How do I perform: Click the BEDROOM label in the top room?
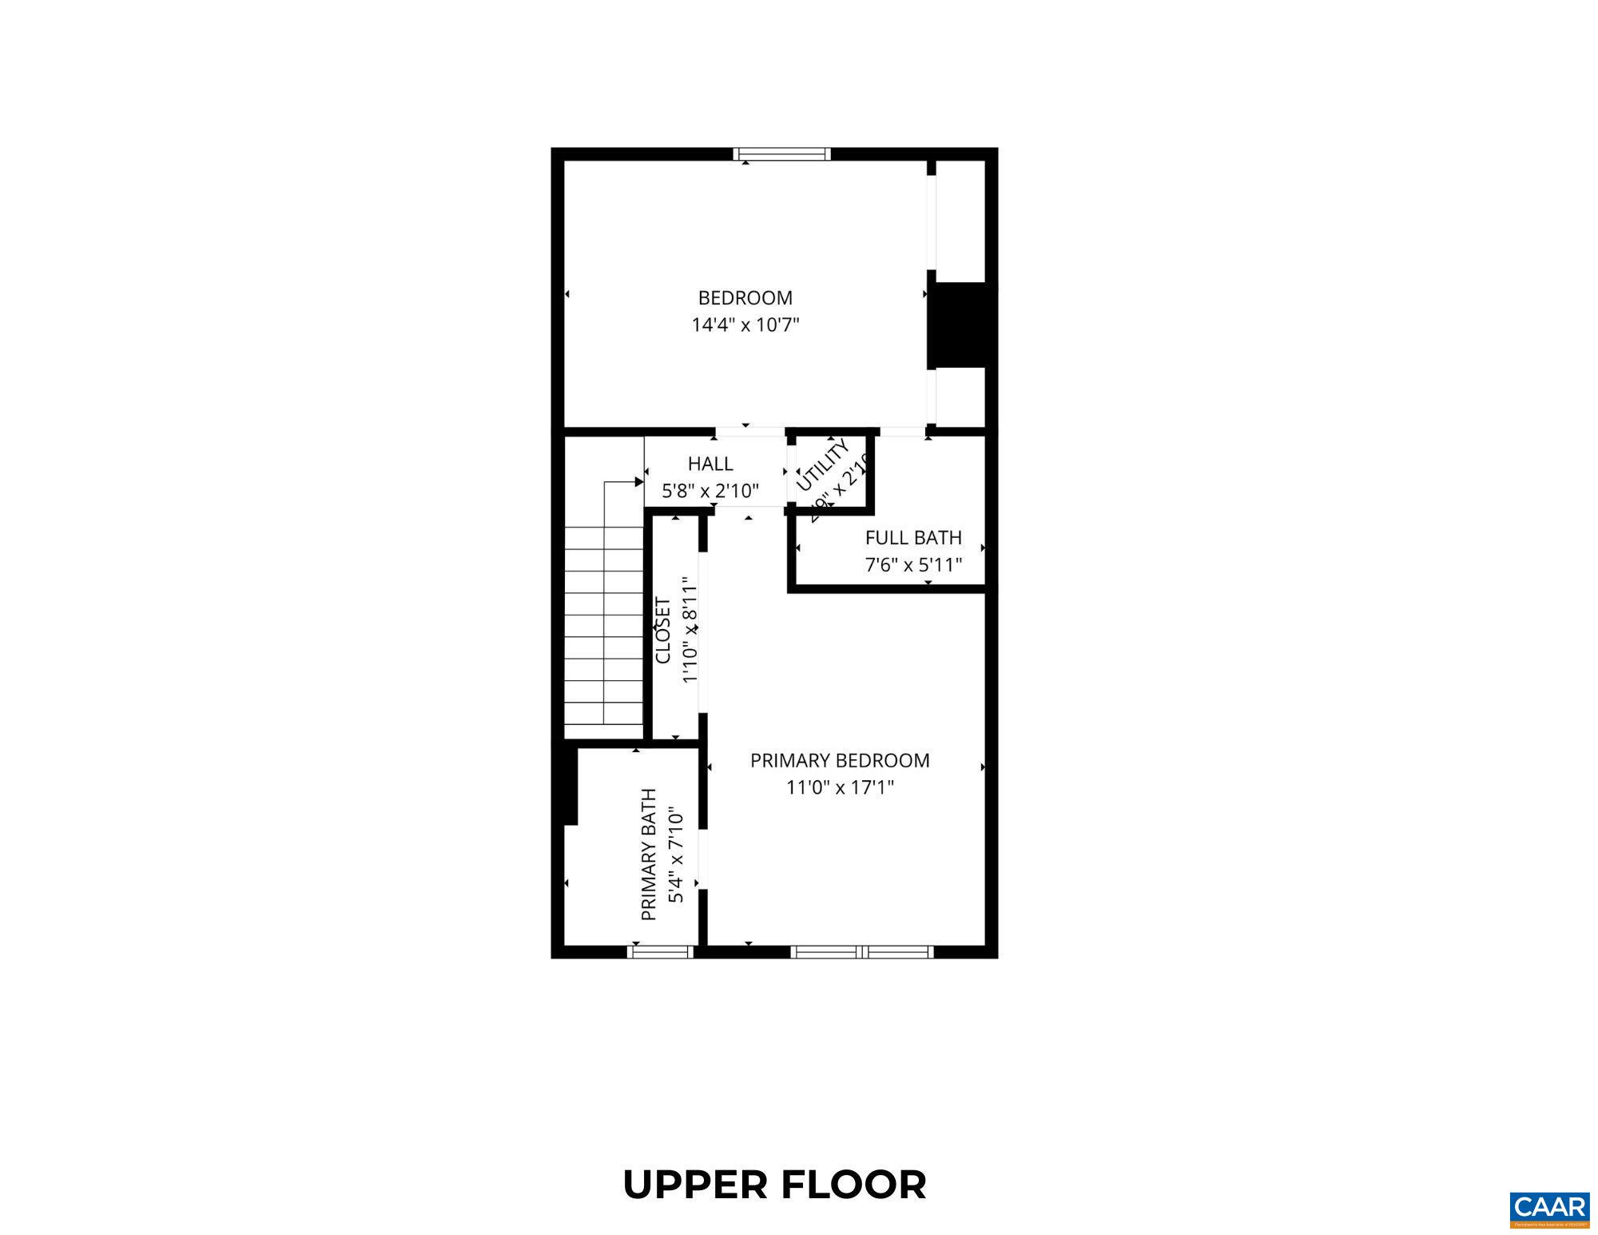745,298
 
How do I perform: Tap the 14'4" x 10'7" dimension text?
745,325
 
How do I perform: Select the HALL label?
710,464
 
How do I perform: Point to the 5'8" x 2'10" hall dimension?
710,490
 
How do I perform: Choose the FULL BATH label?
913,538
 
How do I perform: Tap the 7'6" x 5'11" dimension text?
913,565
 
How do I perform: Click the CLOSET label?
662,630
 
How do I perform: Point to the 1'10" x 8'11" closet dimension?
690,630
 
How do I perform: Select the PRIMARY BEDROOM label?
840,760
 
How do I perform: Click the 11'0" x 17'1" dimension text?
840,787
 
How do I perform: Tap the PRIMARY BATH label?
649,854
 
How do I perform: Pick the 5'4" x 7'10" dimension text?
676,854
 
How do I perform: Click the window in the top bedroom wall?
781,154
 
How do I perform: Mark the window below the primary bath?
660,951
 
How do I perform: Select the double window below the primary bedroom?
861,951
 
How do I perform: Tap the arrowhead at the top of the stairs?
639,482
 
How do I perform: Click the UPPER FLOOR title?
774,1185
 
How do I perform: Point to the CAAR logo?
1549,1208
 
